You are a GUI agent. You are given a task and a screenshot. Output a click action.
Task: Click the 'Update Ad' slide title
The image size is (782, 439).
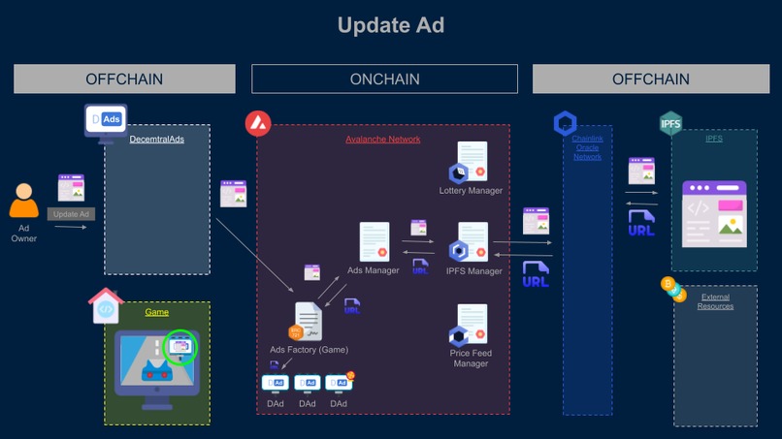(x=390, y=25)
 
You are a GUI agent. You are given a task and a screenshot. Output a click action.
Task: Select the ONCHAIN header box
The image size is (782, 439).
(x=384, y=78)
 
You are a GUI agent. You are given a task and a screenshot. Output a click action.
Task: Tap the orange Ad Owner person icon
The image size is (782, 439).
(x=24, y=201)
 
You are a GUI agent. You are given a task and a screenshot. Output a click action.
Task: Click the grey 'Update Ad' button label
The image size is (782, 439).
(x=71, y=214)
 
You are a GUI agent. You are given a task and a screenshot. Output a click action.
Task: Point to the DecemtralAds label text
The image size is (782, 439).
(x=156, y=140)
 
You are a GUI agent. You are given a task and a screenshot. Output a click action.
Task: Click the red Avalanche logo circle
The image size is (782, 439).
(x=258, y=123)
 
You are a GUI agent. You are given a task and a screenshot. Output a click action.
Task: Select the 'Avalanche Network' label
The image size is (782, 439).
(x=383, y=140)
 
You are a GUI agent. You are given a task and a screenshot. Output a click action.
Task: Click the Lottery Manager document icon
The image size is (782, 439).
(x=471, y=162)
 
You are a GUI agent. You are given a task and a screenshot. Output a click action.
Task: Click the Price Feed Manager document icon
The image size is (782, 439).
(x=471, y=326)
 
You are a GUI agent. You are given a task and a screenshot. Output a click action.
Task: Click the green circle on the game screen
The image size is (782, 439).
(x=180, y=346)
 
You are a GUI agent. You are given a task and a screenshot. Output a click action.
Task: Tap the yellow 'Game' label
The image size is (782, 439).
(x=157, y=313)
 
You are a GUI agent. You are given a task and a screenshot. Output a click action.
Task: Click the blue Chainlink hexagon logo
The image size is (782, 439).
(x=565, y=123)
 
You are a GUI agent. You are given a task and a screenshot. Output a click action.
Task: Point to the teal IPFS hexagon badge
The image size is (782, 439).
(x=670, y=123)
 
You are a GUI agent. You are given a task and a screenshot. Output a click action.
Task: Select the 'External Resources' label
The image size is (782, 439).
(x=715, y=301)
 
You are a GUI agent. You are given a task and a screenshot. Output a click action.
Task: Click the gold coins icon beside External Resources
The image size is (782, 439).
(x=672, y=289)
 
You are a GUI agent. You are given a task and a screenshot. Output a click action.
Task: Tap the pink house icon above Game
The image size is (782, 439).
(x=106, y=306)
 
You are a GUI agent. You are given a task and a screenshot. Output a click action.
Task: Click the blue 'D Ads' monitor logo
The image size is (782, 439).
(x=106, y=120)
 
